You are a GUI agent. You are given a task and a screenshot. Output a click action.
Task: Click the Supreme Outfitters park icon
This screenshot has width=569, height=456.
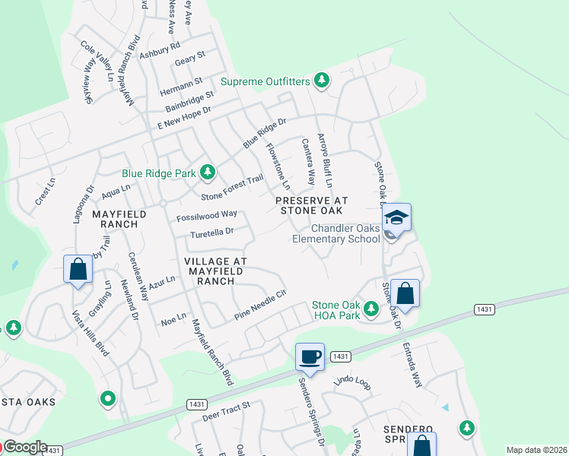(x=322, y=81)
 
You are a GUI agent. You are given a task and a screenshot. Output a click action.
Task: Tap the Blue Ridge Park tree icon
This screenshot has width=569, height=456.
(x=207, y=173)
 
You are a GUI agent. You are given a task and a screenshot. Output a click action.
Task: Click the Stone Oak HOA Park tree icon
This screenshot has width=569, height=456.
(x=370, y=309)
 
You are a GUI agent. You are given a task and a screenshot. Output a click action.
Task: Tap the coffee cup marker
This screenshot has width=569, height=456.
(x=310, y=356)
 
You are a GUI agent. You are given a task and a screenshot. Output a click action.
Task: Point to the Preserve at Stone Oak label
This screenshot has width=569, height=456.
(x=313, y=205)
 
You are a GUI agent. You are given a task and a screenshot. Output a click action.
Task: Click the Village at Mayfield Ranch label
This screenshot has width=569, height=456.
(x=215, y=271)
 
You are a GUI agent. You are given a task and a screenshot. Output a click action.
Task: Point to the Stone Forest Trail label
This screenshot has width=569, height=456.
(x=232, y=187)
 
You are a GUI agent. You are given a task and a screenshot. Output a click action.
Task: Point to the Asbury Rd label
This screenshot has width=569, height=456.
(x=159, y=50)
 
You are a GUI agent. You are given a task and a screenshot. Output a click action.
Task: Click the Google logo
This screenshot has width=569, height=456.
(x=24, y=447)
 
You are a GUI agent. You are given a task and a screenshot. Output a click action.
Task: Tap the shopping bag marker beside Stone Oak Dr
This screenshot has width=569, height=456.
(x=405, y=293)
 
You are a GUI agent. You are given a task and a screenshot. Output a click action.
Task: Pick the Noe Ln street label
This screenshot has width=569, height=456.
(x=174, y=318)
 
